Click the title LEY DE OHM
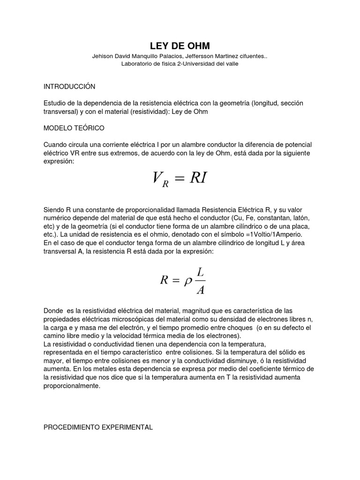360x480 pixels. pos(180,45)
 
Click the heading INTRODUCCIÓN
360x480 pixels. pos(69,87)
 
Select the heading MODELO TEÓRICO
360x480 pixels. pos(74,127)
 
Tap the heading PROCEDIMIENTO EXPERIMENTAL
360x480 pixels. pos(98,414)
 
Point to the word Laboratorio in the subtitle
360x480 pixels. pos(137,64)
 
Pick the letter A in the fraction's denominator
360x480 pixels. pos(200,290)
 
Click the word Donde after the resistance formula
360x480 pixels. pos(53,311)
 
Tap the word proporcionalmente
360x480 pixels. pos(72,386)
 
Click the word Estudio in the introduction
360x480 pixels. pos(55,103)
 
